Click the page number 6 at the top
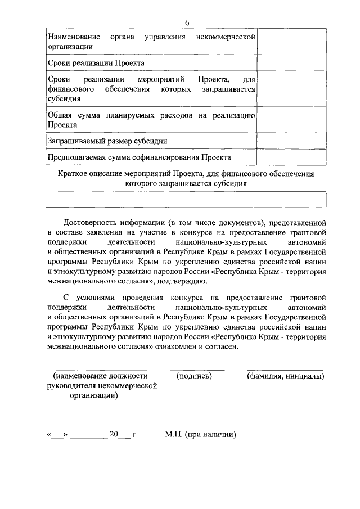(186, 22)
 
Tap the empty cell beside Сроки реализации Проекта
(291, 62)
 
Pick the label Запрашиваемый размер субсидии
(107, 141)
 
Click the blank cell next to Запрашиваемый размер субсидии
(291, 141)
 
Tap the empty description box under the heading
(186, 200)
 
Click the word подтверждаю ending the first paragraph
(185, 281)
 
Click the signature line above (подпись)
(196, 370)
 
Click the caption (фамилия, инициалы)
(285, 376)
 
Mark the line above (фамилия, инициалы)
(285, 370)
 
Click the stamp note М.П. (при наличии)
(200, 434)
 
